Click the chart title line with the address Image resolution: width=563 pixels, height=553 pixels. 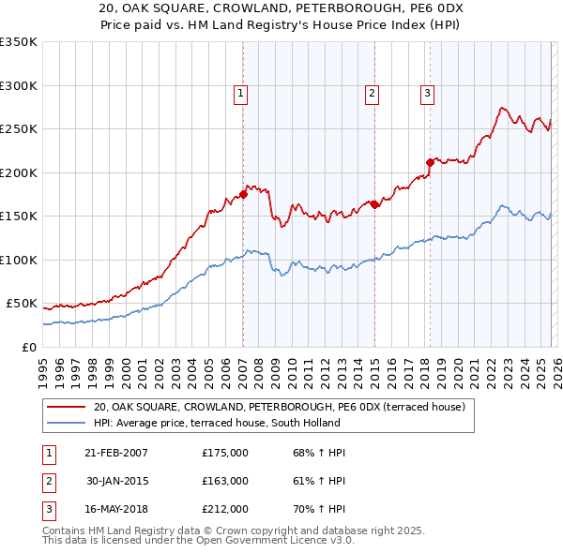pos(281,8)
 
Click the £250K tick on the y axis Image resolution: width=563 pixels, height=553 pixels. pos(19,128)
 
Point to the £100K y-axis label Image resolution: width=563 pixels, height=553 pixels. pos(19,260)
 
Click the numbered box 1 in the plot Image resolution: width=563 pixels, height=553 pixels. pos(241,93)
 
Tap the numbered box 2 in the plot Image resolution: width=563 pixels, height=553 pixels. pos(373,93)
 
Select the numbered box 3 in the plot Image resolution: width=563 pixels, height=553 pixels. pos(427,93)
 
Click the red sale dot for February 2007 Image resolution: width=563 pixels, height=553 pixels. pos(243,194)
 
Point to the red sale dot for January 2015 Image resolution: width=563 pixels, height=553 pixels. pos(374,204)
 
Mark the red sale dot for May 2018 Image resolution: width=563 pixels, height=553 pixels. pos(430,162)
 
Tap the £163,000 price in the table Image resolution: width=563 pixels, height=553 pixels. pos(225,481)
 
